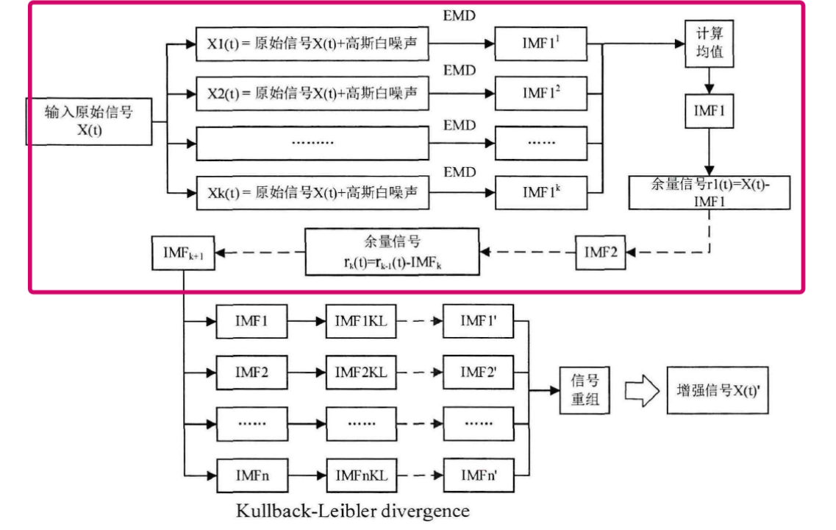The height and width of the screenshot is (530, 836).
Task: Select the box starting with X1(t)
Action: pos(312,44)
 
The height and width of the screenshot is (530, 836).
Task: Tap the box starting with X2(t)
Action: pos(312,93)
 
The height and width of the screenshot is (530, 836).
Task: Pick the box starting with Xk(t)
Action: pos(312,194)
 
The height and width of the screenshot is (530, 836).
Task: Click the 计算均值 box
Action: pos(707,44)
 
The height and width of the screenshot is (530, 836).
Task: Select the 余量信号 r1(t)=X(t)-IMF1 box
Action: pos(710,192)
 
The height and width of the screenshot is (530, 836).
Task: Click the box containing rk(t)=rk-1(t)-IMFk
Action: pos(392,252)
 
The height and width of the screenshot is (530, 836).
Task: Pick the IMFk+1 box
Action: pos(183,252)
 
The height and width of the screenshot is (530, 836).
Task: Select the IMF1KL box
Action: pos(361,322)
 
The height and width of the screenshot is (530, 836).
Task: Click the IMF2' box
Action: pos(479,372)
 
